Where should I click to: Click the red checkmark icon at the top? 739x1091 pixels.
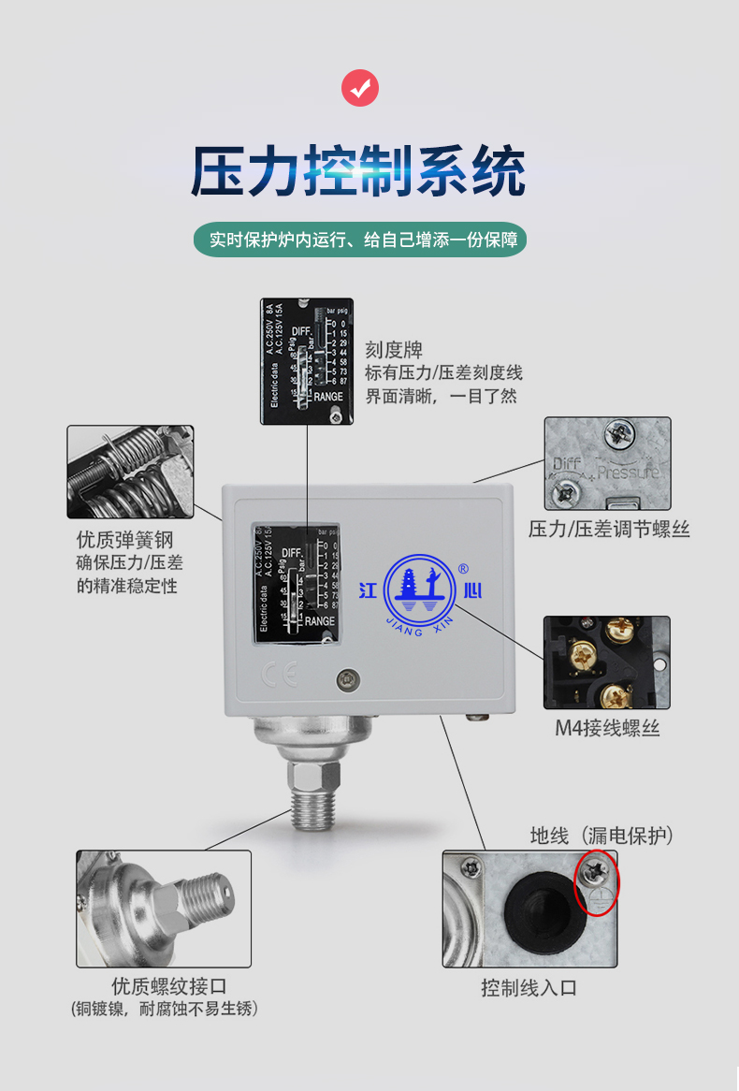pos(360,89)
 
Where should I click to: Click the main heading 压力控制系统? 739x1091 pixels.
pos(358,170)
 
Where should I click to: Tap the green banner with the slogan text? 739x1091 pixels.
pos(360,240)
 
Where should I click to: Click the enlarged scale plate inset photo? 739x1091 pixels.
pos(306,361)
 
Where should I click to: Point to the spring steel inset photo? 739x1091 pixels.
pos(130,472)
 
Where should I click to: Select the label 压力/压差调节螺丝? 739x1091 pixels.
pos(609,530)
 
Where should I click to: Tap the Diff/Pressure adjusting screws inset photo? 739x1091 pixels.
pos(607,463)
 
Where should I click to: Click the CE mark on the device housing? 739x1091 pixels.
pos(267,676)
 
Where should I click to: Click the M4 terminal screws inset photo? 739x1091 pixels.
pos(606,662)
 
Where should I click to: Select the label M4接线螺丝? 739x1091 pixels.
pos(607,728)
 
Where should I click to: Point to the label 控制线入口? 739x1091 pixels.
pos(529,988)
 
